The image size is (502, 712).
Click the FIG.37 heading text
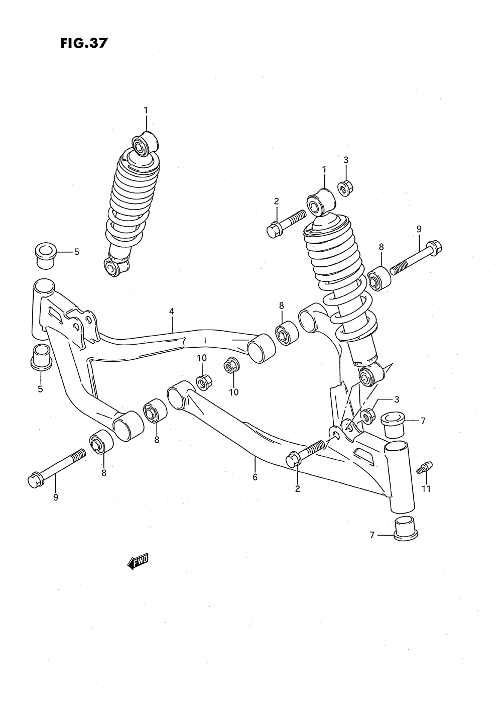coord(83,43)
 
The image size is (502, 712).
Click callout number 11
coord(426,488)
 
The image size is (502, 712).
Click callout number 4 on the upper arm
coord(172,312)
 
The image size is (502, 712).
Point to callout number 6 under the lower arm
coord(255,477)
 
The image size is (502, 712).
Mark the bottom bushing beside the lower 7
coord(406,528)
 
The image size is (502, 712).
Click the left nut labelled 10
coord(203,382)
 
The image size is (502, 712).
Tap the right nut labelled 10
coord(231,366)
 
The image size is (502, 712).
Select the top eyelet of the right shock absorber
coord(319,203)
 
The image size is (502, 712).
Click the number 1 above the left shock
coord(146,111)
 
